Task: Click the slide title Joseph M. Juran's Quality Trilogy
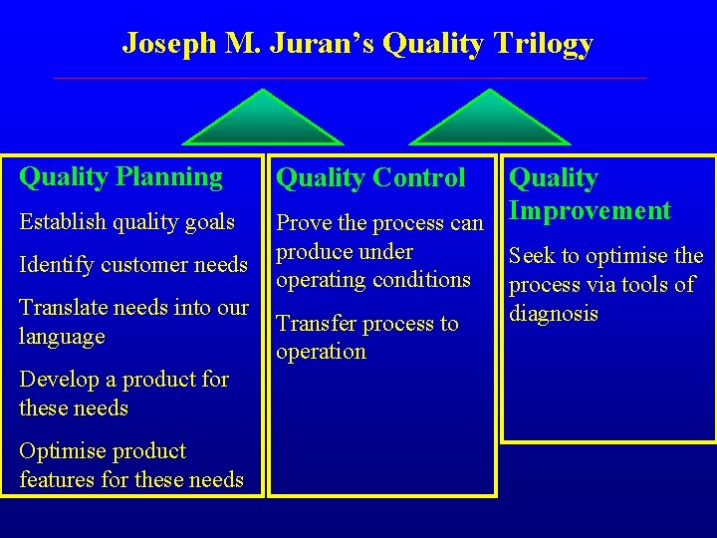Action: pyautogui.click(x=358, y=43)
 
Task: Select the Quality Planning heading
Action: pyautogui.click(x=120, y=177)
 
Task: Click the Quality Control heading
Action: pyautogui.click(x=369, y=178)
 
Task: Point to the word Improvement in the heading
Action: pyautogui.click(x=590, y=210)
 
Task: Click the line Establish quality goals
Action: pyautogui.click(x=126, y=221)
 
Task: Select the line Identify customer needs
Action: pyautogui.click(x=132, y=265)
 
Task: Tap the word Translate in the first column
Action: pyautogui.click(x=59, y=308)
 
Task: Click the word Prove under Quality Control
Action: pyautogui.click(x=303, y=223)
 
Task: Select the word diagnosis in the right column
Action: pyautogui.click(x=554, y=314)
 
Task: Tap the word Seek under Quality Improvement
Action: pyautogui.click(x=532, y=256)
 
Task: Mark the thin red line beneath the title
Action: pyautogui.click(x=349, y=78)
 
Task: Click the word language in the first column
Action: pyautogui.click(x=62, y=337)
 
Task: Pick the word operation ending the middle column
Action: pyautogui.click(x=321, y=352)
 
